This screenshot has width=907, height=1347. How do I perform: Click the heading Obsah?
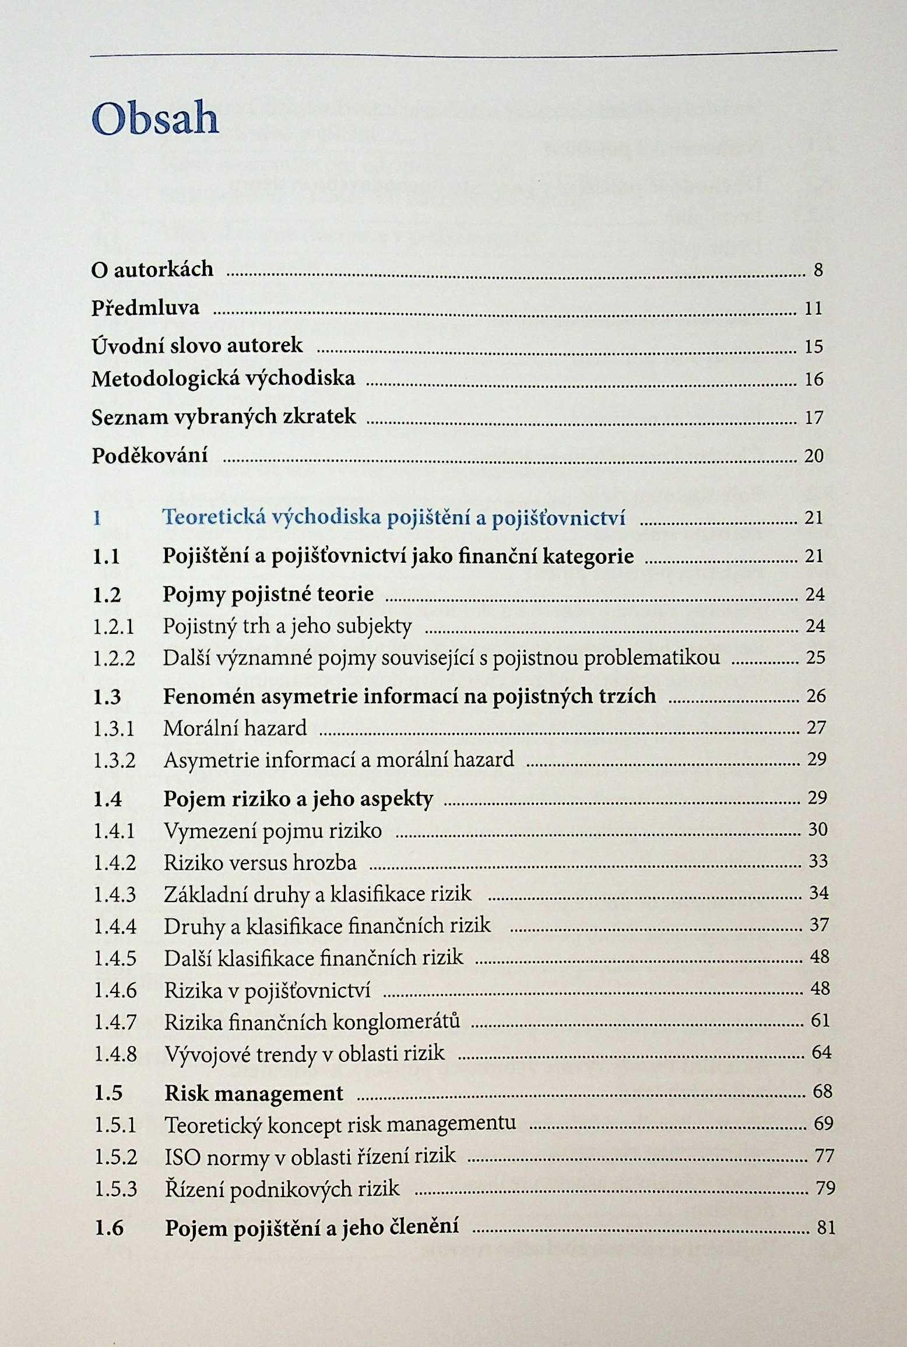(155, 119)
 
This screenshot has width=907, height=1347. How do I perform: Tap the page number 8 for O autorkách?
(818, 271)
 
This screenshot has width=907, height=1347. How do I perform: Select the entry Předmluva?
(145, 308)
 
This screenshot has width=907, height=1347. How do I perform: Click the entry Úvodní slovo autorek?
(197, 345)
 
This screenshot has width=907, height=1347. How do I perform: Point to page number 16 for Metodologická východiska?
(814, 380)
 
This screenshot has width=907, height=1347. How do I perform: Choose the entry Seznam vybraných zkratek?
(223, 417)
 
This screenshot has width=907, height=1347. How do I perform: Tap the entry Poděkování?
(150, 455)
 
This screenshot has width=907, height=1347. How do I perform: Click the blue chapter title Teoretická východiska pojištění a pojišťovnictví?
(393, 518)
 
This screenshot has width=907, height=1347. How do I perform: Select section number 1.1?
(107, 556)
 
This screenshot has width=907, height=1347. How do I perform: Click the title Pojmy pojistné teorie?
(268, 594)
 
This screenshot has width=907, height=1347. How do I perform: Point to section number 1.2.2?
(114, 658)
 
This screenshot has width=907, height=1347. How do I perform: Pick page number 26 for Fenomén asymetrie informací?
(816, 696)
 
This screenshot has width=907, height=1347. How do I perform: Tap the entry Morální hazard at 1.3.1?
(235, 728)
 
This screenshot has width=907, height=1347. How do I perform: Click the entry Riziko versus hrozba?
(260, 862)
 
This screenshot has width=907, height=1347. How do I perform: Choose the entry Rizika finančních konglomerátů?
(312, 1021)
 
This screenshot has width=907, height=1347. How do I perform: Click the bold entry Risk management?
(254, 1093)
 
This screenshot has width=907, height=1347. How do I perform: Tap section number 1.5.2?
(115, 1156)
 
